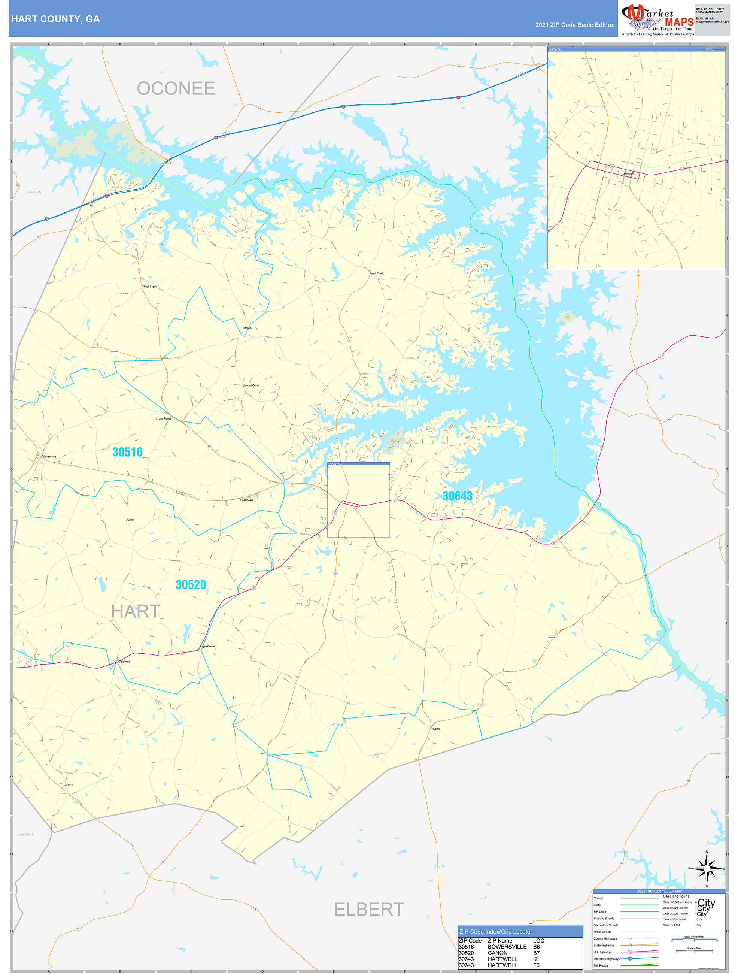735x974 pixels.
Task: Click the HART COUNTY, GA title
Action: tap(55, 19)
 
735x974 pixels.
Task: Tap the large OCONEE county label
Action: tap(176, 88)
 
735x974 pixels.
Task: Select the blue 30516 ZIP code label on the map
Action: tap(127, 452)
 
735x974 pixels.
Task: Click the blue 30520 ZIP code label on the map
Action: tap(191, 584)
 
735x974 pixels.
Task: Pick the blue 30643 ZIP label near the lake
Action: tap(457, 496)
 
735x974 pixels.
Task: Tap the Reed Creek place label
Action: tap(376, 273)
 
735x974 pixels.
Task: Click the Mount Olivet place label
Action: tap(251, 385)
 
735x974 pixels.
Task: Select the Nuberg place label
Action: tap(436, 729)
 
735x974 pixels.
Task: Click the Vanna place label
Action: tap(70, 784)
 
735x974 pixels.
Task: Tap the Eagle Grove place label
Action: tap(207, 646)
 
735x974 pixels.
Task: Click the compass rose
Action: tap(707, 869)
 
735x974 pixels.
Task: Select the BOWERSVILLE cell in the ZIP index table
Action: tap(507, 947)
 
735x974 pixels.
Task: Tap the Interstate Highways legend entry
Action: tap(607, 959)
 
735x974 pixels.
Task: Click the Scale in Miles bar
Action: tap(694, 952)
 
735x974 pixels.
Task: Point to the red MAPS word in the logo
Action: tap(679, 22)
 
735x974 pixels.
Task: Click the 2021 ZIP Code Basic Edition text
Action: tap(575, 25)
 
